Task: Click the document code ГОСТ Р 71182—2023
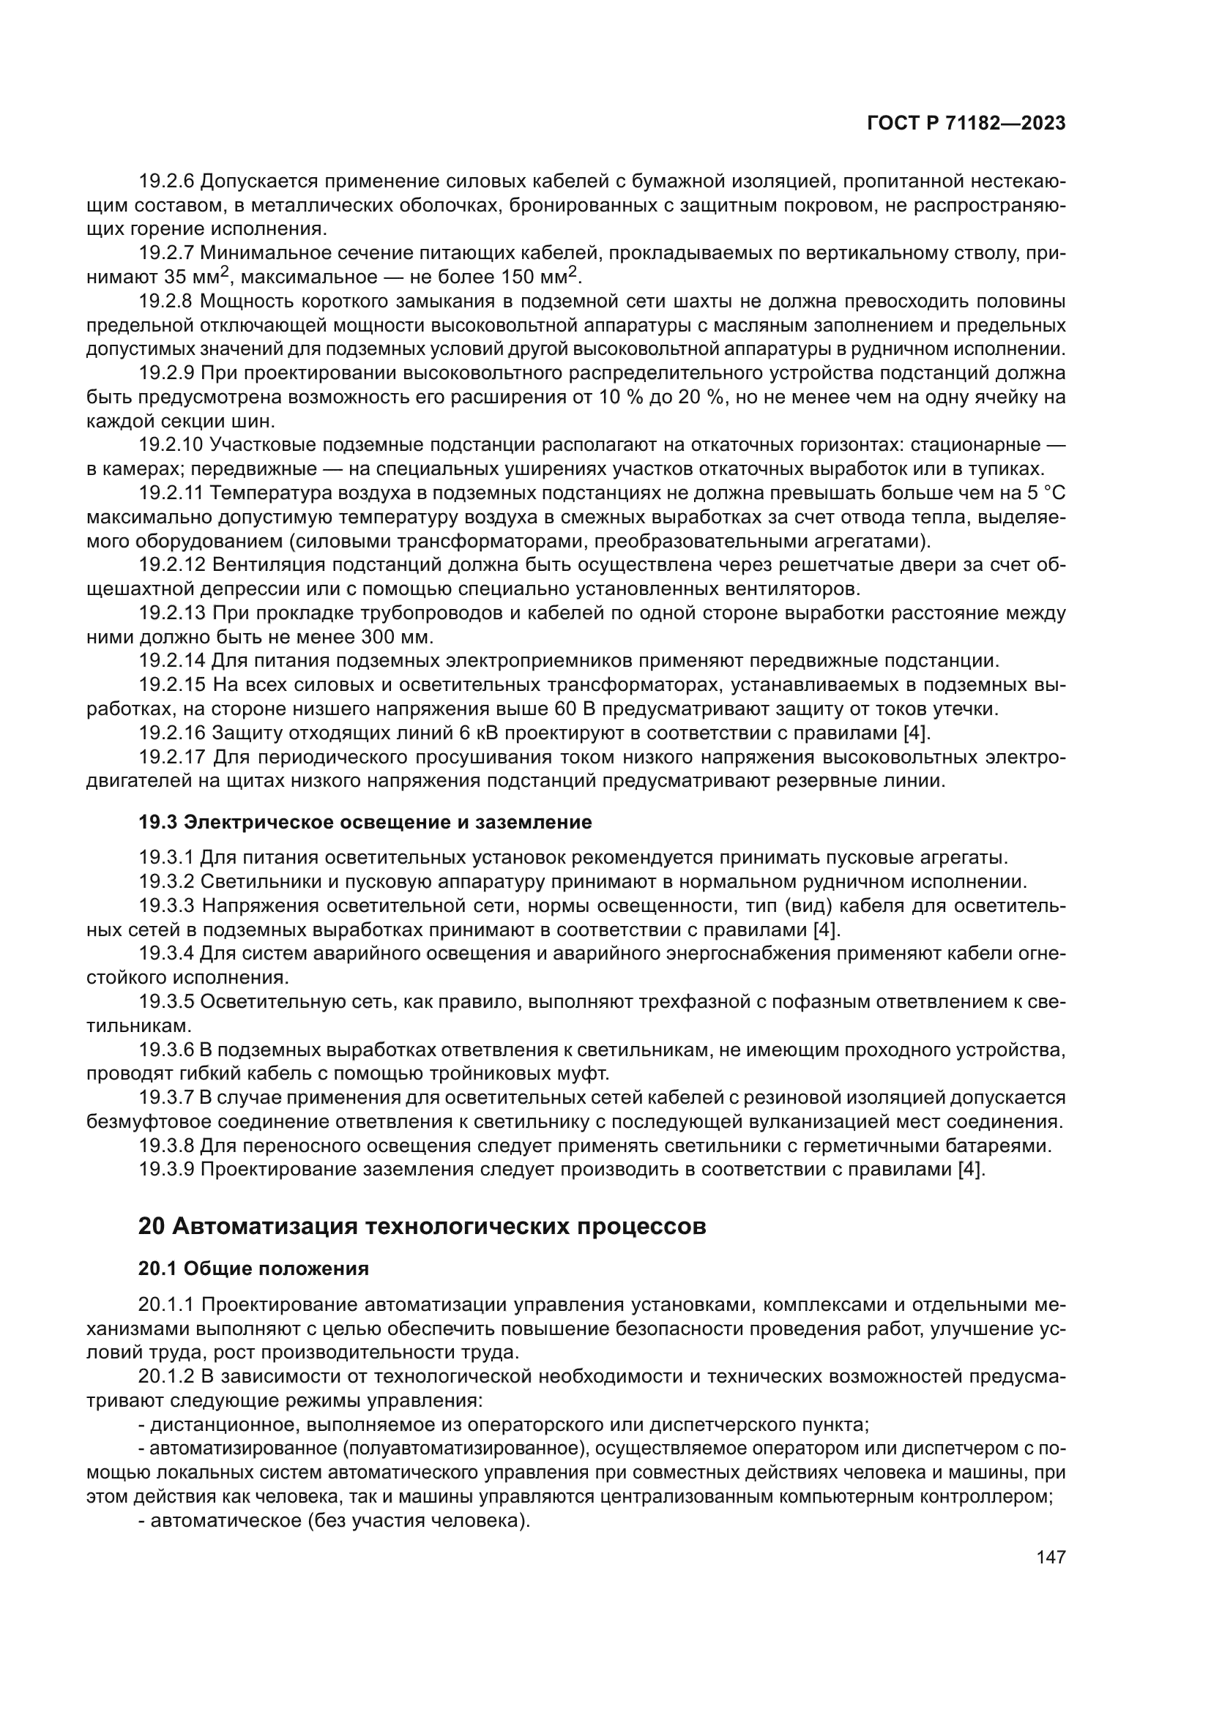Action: pos(966,124)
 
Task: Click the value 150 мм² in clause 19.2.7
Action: pos(542,277)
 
